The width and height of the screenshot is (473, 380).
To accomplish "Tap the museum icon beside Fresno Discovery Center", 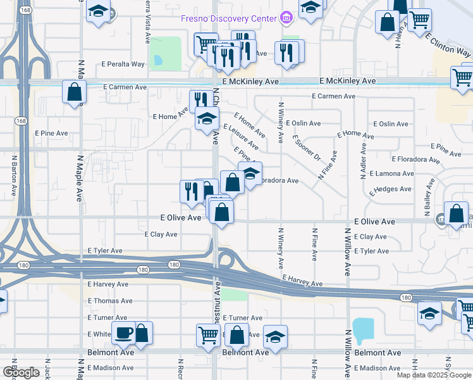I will [x=286, y=18].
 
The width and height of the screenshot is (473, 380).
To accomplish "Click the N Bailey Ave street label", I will [x=428, y=195].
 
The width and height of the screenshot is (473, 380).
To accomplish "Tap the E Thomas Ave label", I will [x=110, y=301].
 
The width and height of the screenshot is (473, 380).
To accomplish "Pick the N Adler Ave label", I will [x=364, y=161].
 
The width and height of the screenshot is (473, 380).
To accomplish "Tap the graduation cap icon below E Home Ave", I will [x=207, y=118].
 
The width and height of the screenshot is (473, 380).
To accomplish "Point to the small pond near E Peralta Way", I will [x=156, y=61].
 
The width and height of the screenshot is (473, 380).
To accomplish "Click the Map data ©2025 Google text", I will [x=434, y=375].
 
